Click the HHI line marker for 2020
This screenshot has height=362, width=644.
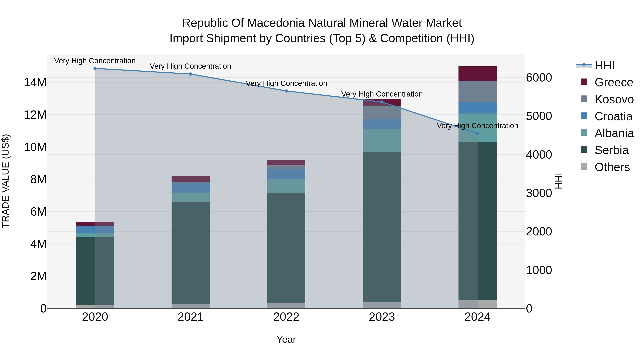click(x=95, y=68)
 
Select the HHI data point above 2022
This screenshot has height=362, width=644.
click(x=286, y=91)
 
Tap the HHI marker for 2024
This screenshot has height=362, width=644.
click(x=477, y=134)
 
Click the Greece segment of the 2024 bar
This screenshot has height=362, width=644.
click(x=477, y=73)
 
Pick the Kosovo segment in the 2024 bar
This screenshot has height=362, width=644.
click(x=477, y=91)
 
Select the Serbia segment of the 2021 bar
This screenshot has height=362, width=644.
click(x=191, y=252)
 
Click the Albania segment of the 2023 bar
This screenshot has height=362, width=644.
click(x=382, y=140)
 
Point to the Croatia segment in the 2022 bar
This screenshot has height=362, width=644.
click(x=286, y=174)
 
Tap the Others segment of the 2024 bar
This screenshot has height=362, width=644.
click(x=477, y=304)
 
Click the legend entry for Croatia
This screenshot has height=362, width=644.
click(x=613, y=116)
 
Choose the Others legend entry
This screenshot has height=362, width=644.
click(x=612, y=167)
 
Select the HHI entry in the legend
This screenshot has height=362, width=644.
click(x=604, y=65)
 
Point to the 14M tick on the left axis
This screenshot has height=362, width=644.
click(x=35, y=82)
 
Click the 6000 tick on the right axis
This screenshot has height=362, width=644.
click(x=539, y=78)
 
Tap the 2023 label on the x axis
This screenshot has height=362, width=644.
click(x=382, y=317)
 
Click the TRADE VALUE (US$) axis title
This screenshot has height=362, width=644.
click(x=6, y=181)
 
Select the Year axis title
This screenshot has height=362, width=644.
click(x=286, y=339)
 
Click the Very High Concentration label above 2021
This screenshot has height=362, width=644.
click(x=190, y=66)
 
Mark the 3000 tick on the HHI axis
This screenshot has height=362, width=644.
click(x=539, y=193)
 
